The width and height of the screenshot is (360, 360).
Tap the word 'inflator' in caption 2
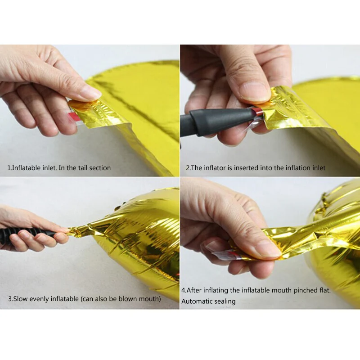(215, 168)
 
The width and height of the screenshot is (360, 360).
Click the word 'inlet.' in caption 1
(50, 168)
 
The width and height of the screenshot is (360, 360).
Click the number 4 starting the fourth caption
(183, 290)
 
